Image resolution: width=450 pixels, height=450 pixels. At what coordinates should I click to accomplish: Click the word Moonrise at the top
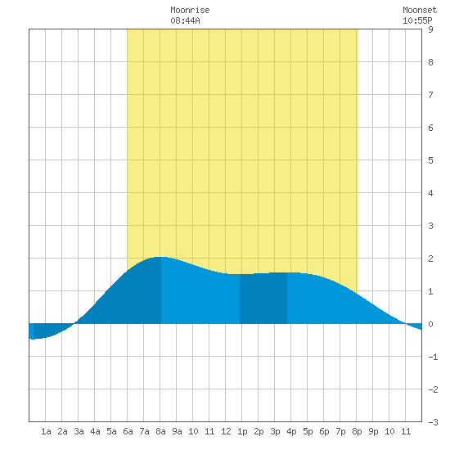pos(190,10)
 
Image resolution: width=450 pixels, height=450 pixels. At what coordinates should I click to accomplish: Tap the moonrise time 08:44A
pos(185,20)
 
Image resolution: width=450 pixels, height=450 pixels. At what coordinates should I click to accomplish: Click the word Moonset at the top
pos(420,10)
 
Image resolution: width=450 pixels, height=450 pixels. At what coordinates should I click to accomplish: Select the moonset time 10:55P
pos(417,20)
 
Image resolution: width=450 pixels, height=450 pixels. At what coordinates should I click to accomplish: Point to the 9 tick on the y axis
pos(430,29)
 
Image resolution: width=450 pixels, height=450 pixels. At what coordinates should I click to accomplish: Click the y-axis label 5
pos(430,160)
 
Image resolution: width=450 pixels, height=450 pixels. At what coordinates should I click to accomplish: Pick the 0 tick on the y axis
pos(430,324)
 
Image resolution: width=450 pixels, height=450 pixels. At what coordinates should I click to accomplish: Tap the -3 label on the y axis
pos(433,422)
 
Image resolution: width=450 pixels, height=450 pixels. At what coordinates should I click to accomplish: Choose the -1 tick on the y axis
pos(433,357)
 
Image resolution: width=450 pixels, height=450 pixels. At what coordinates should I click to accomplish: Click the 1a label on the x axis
pos(46,431)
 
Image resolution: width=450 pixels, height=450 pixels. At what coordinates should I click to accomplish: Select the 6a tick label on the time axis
pos(128,431)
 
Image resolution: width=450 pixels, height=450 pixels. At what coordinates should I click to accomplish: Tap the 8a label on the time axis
pos(160,431)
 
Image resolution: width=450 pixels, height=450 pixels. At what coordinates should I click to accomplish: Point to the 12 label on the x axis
pos(226,431)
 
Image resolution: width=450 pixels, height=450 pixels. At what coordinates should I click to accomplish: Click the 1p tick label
pos(242,431)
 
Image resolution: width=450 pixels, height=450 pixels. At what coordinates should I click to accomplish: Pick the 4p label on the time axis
pos(291,431)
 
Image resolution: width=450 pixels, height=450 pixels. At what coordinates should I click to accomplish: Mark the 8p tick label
pos(357,431)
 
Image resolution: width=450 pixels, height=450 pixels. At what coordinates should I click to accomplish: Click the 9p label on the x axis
pos(373,431)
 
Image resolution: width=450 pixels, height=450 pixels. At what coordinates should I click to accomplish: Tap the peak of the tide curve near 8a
pos(160,257)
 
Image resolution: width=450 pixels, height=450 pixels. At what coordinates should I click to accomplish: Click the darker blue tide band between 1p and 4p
pos(263,299)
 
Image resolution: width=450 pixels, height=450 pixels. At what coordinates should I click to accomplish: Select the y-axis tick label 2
pos(430,259)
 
